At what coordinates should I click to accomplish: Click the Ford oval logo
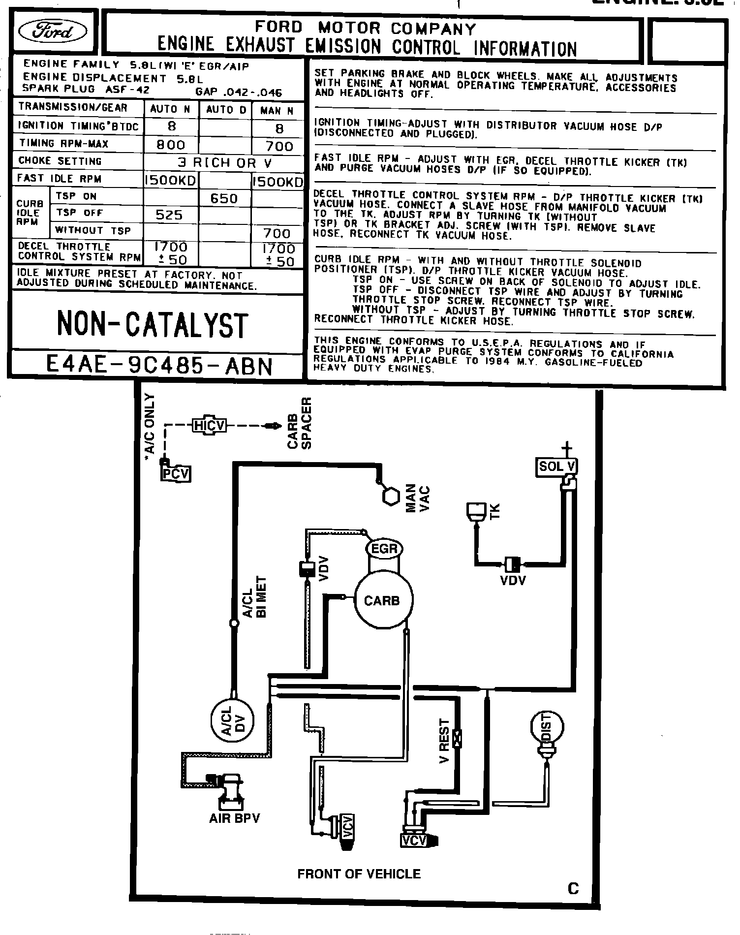[52, 32]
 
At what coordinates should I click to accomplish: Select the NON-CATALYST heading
[153, 325]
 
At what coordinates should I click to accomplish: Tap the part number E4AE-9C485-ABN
[158, 366]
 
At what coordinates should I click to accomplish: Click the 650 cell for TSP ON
[224, 198]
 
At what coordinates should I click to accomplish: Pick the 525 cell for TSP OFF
[169, 215]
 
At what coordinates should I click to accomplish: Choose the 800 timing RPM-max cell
[171, 145]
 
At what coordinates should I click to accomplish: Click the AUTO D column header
[226, 110]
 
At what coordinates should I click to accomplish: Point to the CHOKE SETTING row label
[60, 161]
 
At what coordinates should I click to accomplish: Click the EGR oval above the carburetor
[384, 549]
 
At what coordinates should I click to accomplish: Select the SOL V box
[556, 467]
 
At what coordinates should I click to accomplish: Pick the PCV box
[176, 474]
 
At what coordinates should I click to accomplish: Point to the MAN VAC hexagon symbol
[391, 496]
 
